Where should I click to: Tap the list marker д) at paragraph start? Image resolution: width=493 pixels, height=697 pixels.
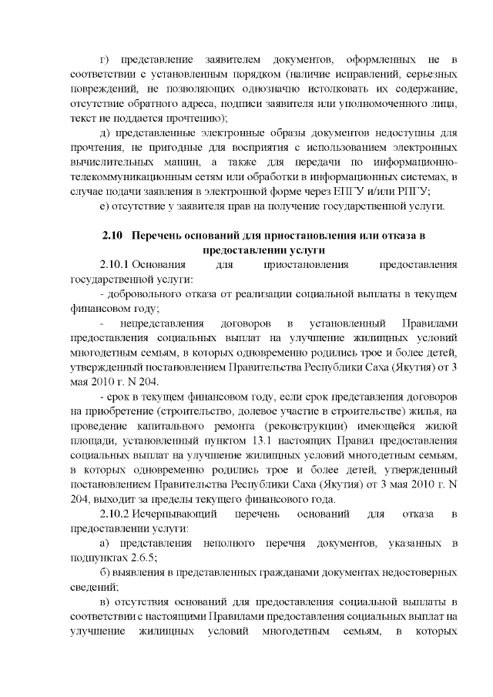[x=106, y=132]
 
